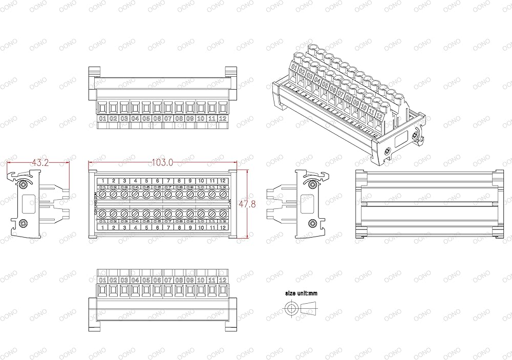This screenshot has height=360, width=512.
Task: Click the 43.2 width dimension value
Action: point(40,162)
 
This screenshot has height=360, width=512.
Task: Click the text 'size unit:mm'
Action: point(302,293)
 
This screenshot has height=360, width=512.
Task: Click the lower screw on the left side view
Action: point(23,223)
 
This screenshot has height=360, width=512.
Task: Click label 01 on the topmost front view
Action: point(102,119)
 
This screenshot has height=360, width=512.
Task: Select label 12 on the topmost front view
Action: point(223,119)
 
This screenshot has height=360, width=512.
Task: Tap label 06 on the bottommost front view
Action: point(157,280)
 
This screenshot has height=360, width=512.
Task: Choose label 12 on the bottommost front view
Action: point(223,280)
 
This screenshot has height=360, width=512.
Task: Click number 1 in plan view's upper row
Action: point(103,181)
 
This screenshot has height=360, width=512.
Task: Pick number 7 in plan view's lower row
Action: point(168,227)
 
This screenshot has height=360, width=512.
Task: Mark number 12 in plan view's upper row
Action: point(223,181)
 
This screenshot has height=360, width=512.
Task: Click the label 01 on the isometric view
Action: point(294,67)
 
